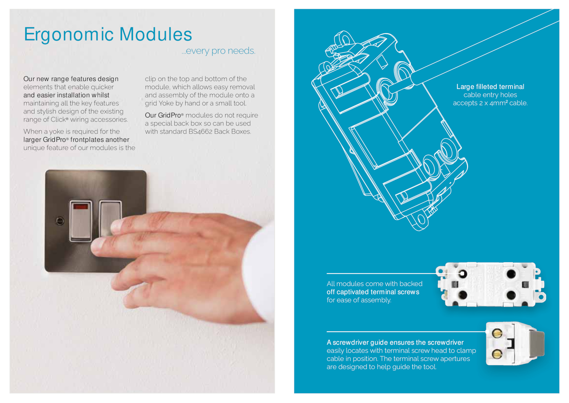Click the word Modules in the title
coord(156,34)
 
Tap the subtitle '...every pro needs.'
coord(218,51)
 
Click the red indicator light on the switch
coord(80,206)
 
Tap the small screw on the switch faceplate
coord(60,221)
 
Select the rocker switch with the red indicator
coord(81,221)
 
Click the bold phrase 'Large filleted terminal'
coord(490,87)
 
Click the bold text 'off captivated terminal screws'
coord(373,292)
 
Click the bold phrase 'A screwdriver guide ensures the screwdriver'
coord(395,342)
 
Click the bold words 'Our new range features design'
coord(71,79)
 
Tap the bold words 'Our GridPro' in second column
coord(163,115)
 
